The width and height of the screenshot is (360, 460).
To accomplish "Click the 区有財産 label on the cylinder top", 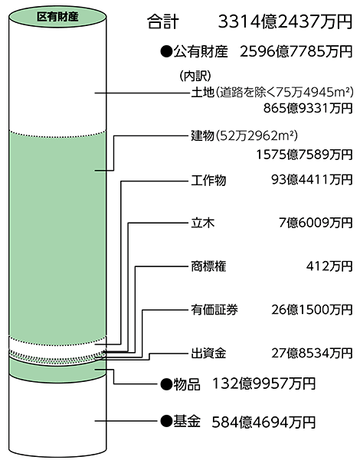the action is coord(57,17).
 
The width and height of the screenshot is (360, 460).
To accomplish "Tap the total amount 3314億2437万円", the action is coord(285,21).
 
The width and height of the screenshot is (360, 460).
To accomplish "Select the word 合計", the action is coord(163,22).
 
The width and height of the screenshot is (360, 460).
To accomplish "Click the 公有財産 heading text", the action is coord(201,51).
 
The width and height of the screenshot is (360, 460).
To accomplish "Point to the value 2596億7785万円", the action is coord(296,51).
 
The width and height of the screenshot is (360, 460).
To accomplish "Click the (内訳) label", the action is coord(195,76).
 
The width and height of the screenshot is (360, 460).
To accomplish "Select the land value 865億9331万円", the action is coord(308,108).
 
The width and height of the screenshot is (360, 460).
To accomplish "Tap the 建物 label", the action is coord(202,135).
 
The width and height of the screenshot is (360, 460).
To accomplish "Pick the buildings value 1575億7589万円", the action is coord(304,155).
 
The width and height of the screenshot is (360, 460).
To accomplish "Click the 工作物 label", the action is coord(208,180).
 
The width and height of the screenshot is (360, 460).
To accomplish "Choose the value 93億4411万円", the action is coord(312,180).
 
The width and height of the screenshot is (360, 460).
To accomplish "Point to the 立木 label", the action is coord(203,223).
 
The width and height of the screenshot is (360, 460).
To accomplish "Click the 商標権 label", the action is coord(208,266).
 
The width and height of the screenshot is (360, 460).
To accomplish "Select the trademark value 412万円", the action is coord(329,266).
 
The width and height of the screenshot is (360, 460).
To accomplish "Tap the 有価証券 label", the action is coord(214,310).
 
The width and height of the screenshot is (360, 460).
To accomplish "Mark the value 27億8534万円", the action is coord(312,353).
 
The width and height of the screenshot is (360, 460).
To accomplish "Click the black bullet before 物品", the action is coord(166,384).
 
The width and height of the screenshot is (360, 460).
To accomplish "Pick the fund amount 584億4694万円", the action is coord(263,422).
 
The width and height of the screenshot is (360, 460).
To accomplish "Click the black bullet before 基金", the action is coord(166,422).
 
